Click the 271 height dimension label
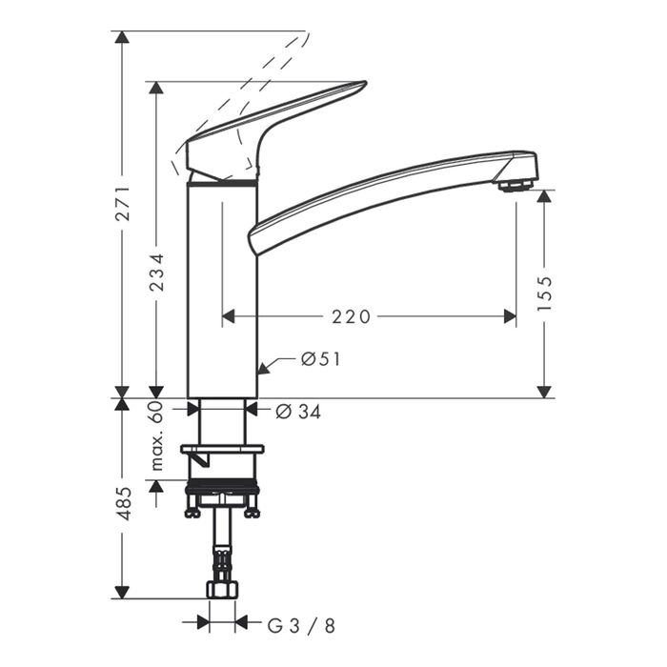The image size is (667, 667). (123, 203)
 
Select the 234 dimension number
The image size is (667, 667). (157, 273)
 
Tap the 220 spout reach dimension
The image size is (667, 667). (351, 317)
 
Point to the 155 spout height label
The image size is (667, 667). (544, 293)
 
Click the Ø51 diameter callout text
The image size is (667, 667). (321, 359)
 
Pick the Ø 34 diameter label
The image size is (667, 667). (298, 412)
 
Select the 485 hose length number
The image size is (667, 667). (123, 504)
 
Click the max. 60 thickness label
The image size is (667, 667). (157, 435)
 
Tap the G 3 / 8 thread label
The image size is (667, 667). (301, 626)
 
